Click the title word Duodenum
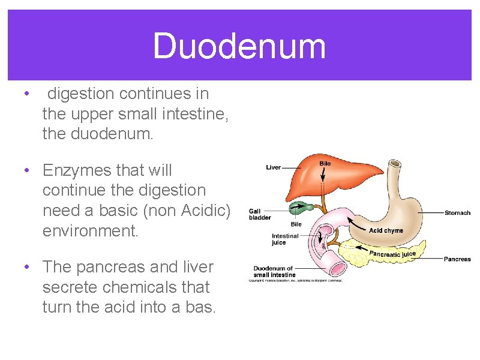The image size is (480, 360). [239, 47]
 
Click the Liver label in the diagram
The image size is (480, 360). [274, 167]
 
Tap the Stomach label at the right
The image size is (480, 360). [457, 212]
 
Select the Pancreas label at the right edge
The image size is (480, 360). [457, 259]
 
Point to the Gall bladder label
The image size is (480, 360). [260, 214]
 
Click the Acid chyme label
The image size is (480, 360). [386, 230]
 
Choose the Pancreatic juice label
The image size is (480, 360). [392, 254]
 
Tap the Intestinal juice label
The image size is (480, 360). [284, 239]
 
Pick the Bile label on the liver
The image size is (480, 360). [325, 164]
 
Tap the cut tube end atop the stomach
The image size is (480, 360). [395, 163]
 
